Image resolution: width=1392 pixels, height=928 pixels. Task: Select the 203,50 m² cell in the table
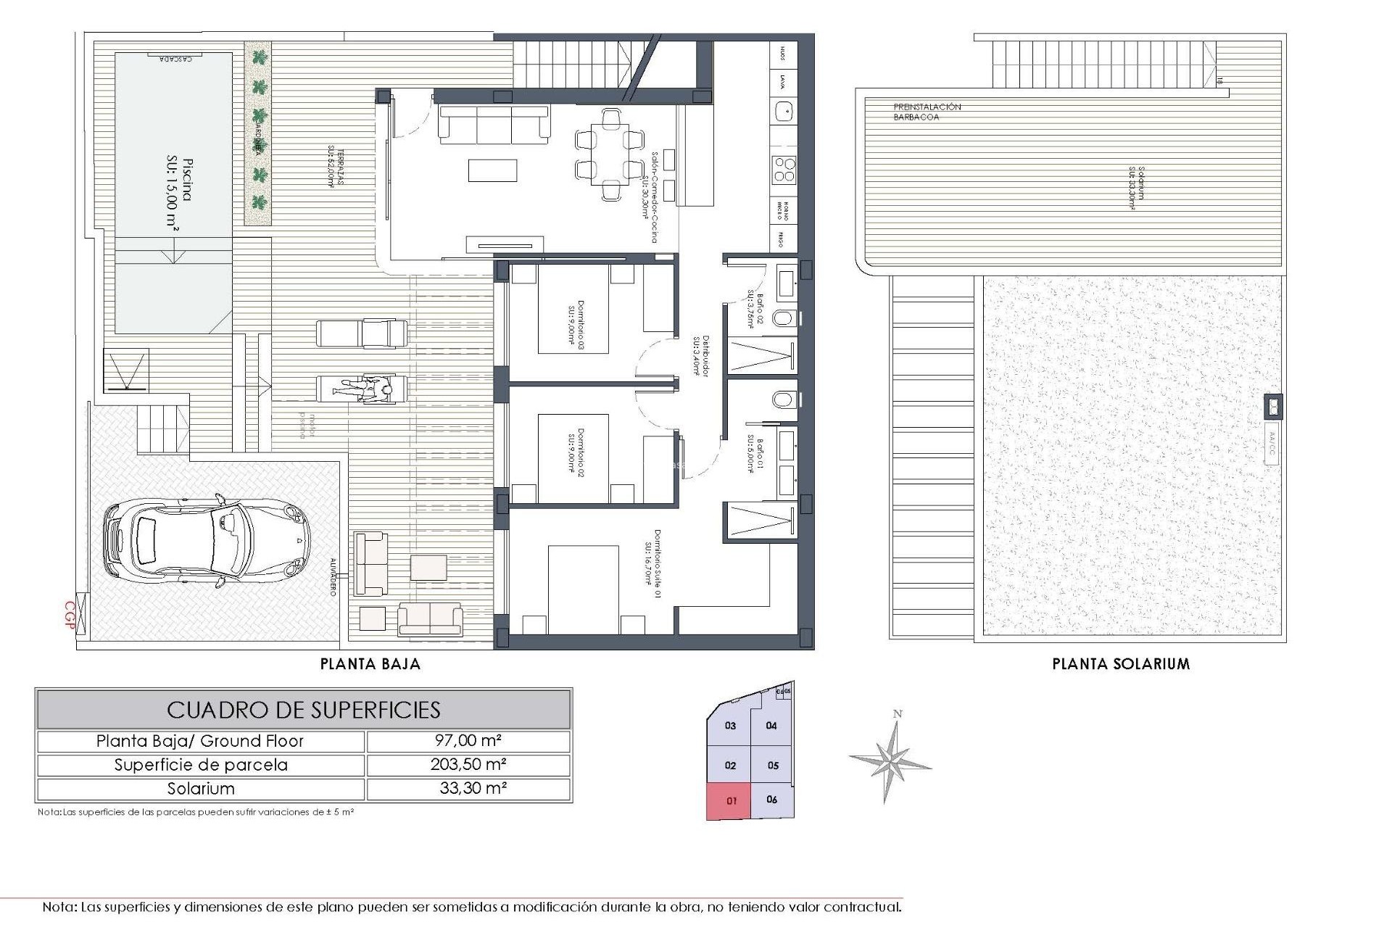tap(468, 765)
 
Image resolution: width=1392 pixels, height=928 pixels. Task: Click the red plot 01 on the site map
tap(730, 801)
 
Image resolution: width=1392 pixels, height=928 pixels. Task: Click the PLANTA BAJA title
tap(370, 664)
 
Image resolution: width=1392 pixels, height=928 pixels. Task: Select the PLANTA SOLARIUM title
tap(1121, 664)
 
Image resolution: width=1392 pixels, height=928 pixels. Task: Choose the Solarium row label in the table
tap(201, 789)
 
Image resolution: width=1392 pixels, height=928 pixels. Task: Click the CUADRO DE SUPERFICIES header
tap(304, 710)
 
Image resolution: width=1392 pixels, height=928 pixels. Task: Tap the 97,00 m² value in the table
tap(468, 741)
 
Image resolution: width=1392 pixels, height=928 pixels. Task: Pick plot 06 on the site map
tap(771, 800)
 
